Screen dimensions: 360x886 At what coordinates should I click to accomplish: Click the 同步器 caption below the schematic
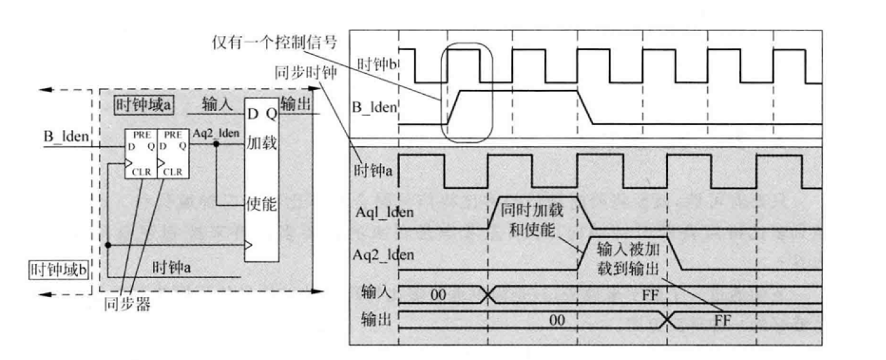[x=127, y=305]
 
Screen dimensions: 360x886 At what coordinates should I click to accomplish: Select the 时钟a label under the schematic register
[x=171, y=266]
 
